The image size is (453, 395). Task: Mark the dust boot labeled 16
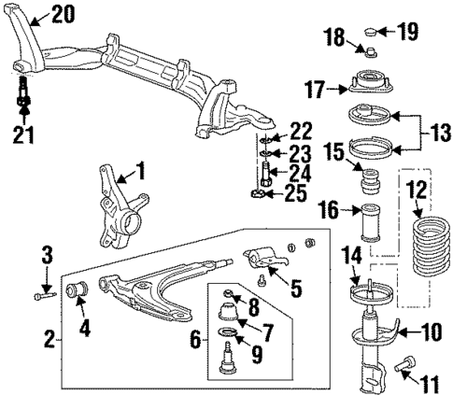[366, 224]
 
